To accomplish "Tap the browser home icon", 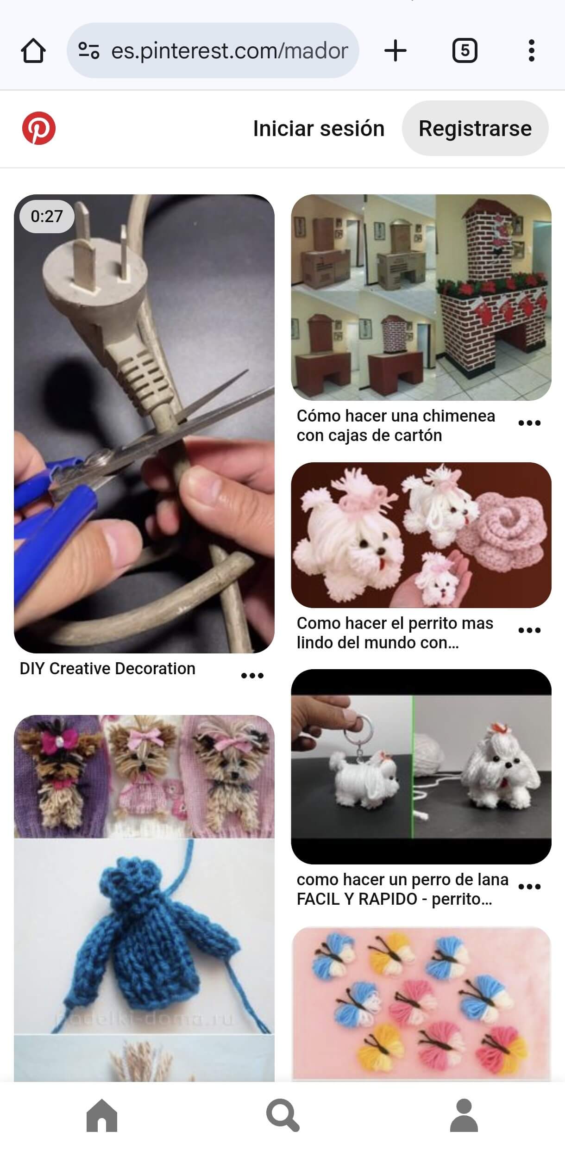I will click(33, 50).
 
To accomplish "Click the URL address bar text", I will click(229, 50).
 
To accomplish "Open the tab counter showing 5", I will click(465, 50).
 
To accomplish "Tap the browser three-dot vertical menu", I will click(531, 50).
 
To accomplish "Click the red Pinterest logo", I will click(39, 128).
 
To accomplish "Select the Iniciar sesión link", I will click(319, 129).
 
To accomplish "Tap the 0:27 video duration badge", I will click(47, 216).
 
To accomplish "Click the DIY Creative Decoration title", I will click(107, 669).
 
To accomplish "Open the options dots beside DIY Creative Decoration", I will click(252, 676).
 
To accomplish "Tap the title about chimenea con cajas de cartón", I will click(395, 426).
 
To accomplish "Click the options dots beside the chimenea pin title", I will click(529, 423).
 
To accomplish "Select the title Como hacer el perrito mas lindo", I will click(395, 633).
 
